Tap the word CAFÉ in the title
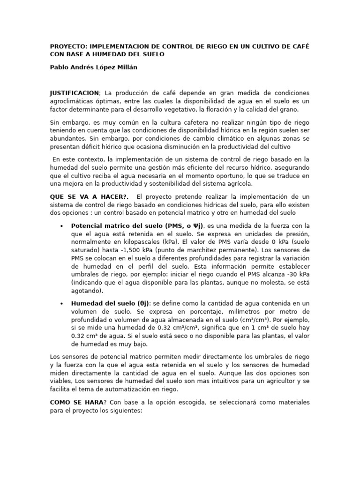point(300,46)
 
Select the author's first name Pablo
point(60,67)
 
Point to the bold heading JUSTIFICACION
point(74,93)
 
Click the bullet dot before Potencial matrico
point(62,226)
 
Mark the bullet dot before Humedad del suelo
point(62,304)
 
